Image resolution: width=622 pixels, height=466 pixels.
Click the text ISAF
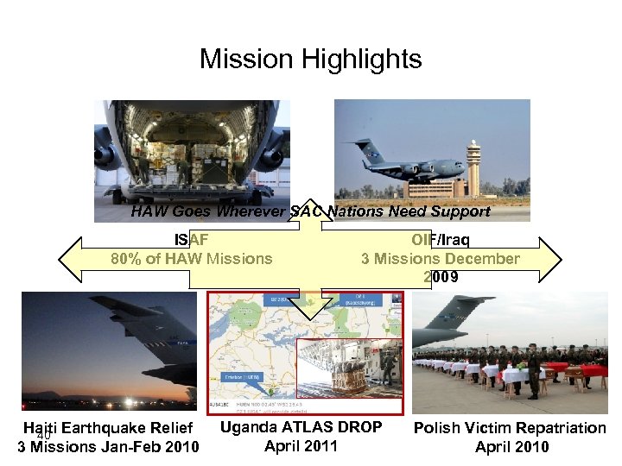tap(192, 239)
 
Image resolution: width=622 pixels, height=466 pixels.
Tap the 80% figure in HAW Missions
tap(130, 258)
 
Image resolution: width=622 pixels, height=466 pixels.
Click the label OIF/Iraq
tap(440, 239)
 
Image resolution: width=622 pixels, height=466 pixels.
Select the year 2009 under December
tap(441, 277)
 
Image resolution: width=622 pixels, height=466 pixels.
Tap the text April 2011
tap(300, 446)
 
